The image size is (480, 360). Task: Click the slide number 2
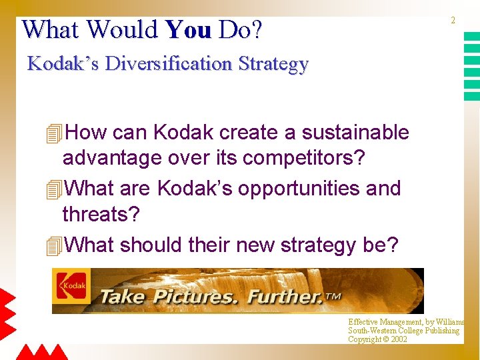coord(453,21)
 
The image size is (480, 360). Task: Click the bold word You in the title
coord(189,29)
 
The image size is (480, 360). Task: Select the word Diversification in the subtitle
coord(169,64)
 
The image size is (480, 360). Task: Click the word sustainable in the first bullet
coord(355,133)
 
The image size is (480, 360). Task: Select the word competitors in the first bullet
coord(302,158)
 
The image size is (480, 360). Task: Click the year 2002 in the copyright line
coord(399,339)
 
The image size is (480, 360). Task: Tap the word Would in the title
coord(122,29)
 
